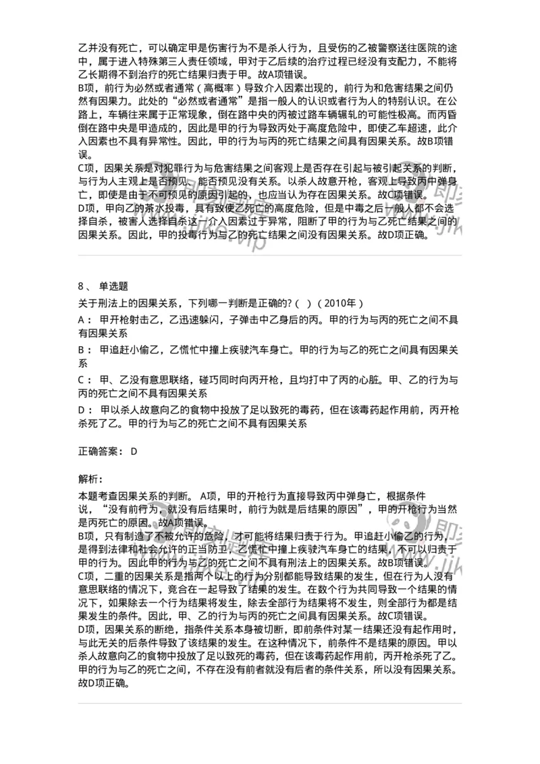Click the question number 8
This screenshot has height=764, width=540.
[82, 285]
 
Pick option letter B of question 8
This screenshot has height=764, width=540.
[82, 350]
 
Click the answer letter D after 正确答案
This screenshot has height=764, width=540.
[134, 451]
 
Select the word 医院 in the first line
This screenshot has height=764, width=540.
[423, 47]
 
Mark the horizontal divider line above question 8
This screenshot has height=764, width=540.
[270, 256]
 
